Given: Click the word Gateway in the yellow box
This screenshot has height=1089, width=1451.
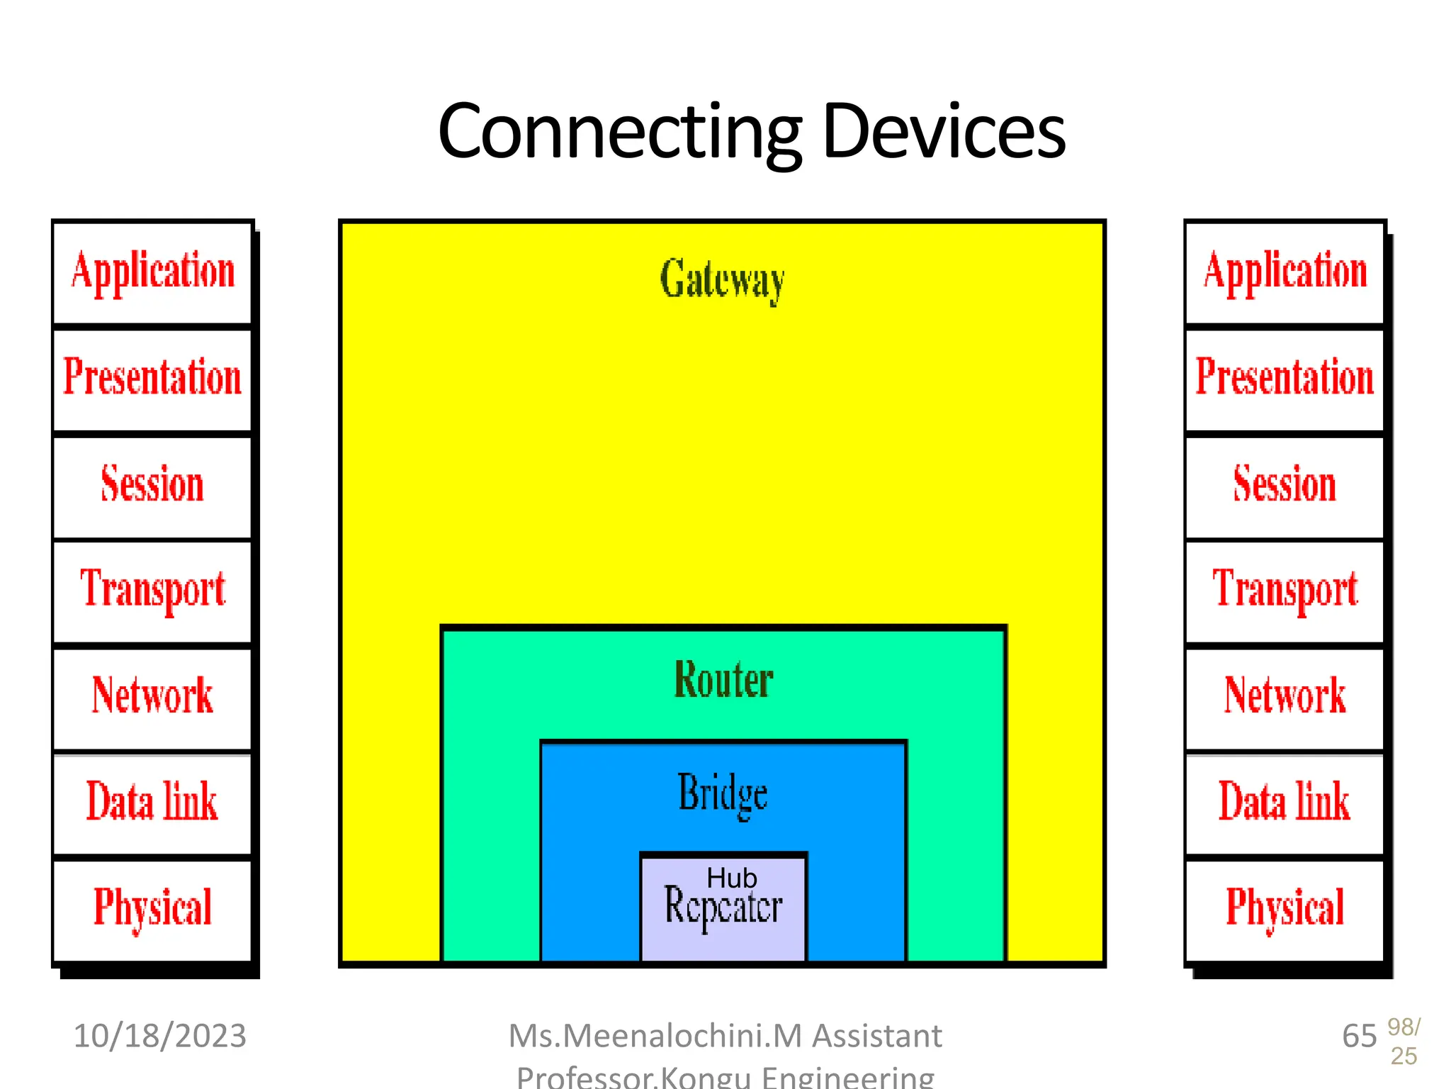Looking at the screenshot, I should [722, 279].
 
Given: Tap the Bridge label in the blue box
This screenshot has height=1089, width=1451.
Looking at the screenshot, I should [723, 793].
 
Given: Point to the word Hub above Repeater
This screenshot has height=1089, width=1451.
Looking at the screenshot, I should [731, 878].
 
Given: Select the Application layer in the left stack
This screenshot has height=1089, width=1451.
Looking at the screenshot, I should [152, 272].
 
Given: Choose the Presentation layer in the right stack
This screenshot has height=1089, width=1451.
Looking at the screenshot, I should [1285, 378].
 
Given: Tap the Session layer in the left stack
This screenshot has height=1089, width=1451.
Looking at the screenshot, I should [152, 485].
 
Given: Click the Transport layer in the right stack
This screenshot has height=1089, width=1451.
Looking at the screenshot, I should [1285, 590].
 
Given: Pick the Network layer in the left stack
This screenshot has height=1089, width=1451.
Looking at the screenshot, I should [152, 696].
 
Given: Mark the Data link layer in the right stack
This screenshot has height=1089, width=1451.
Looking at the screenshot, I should [1285, 802].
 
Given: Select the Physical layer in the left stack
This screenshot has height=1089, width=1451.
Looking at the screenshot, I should [152, 908].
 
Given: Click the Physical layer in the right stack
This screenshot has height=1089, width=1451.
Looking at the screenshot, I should [1285, 908].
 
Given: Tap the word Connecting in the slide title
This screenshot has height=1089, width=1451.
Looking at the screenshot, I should [619, 132].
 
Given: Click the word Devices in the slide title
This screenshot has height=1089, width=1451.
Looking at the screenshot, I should [944, 132].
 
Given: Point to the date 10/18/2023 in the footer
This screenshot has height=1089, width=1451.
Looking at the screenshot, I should [160, 1036].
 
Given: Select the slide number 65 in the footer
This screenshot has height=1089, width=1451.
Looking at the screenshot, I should [1359, 1037].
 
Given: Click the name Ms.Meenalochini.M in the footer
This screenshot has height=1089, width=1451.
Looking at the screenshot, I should [656, 1036].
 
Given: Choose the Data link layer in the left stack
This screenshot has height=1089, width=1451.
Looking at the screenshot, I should [152, 802].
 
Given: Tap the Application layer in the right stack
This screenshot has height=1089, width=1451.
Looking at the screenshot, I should [1285, 272].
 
